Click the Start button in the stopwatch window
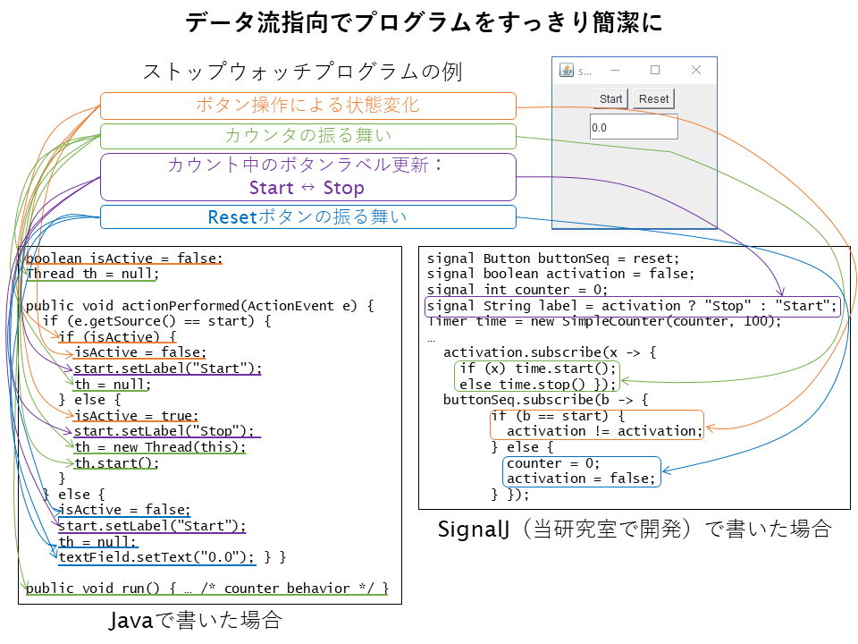[610, 99]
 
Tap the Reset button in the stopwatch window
[653, 99]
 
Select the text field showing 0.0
[634, 127]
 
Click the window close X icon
[696, 70]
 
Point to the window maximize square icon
[655, 70]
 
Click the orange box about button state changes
[308, 106]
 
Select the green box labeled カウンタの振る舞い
[308, 136]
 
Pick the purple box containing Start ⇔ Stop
[308, 177]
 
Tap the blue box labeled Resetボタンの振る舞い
[308, 216]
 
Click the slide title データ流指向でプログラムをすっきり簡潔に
[424, 22]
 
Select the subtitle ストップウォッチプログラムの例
[303, 72]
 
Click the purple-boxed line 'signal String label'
[632, 306]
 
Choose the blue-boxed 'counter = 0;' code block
[582, 471]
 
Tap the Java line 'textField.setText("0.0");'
[156, 557]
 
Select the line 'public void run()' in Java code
[206, 589]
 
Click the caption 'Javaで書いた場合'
[196, 621]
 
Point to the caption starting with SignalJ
[635, 529]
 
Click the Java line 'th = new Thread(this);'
[160, 447]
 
